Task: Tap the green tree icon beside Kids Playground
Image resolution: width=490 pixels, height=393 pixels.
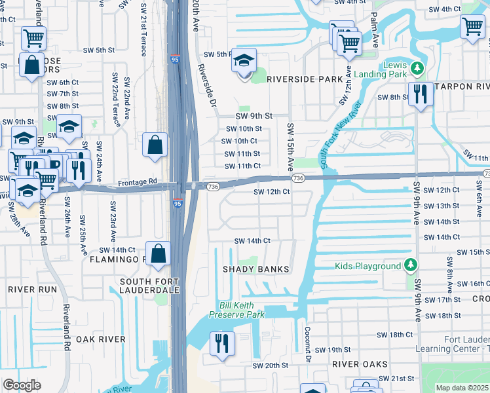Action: tap(411, 265)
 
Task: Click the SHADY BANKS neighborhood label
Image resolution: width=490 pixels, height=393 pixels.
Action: tap(255, 269)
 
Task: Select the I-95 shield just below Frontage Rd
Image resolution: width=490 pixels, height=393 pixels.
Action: tap(178, 204)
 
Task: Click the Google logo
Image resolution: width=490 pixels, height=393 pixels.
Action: tap(22, 384)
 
